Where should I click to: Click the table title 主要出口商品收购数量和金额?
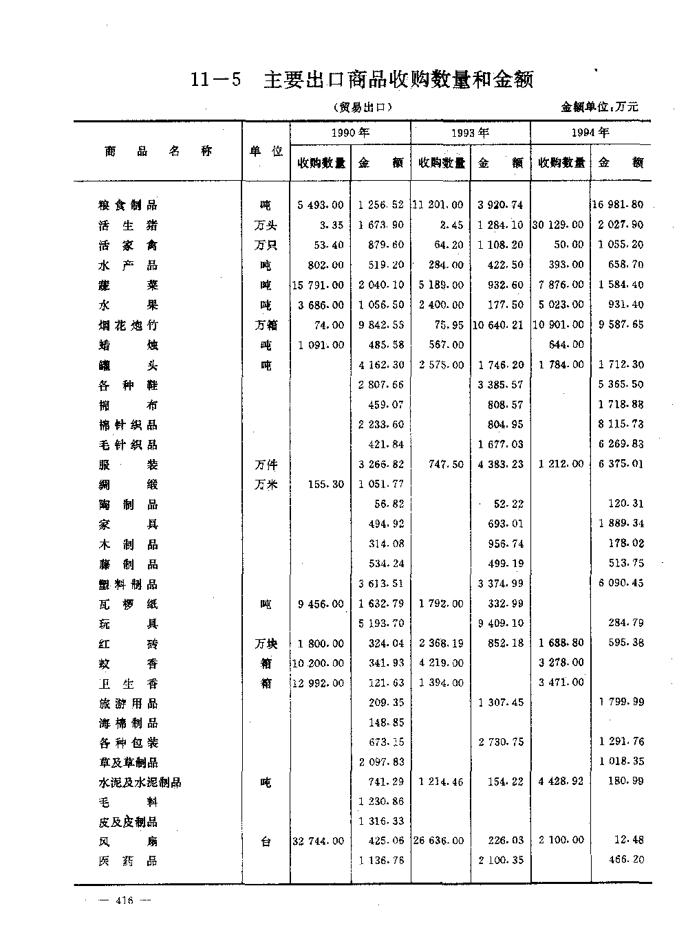tap(398, 80)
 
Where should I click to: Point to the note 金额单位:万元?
tap(599, 107)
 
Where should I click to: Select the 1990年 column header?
tap(350, 133)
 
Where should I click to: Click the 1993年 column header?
tap(470, 133)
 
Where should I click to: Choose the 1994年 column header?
tap(590, 133)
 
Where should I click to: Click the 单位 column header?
tap(266, 151)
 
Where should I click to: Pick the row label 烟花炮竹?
tap(128, 325)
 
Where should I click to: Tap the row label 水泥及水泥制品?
tap(140, 782)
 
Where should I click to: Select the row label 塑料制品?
tap(128, 584)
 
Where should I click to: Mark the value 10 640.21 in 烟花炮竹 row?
tap(499, 325)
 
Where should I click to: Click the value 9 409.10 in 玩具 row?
tap(500, 623)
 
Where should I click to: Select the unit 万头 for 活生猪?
tap(266, 225)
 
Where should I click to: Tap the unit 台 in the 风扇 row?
tap(266, 841)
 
